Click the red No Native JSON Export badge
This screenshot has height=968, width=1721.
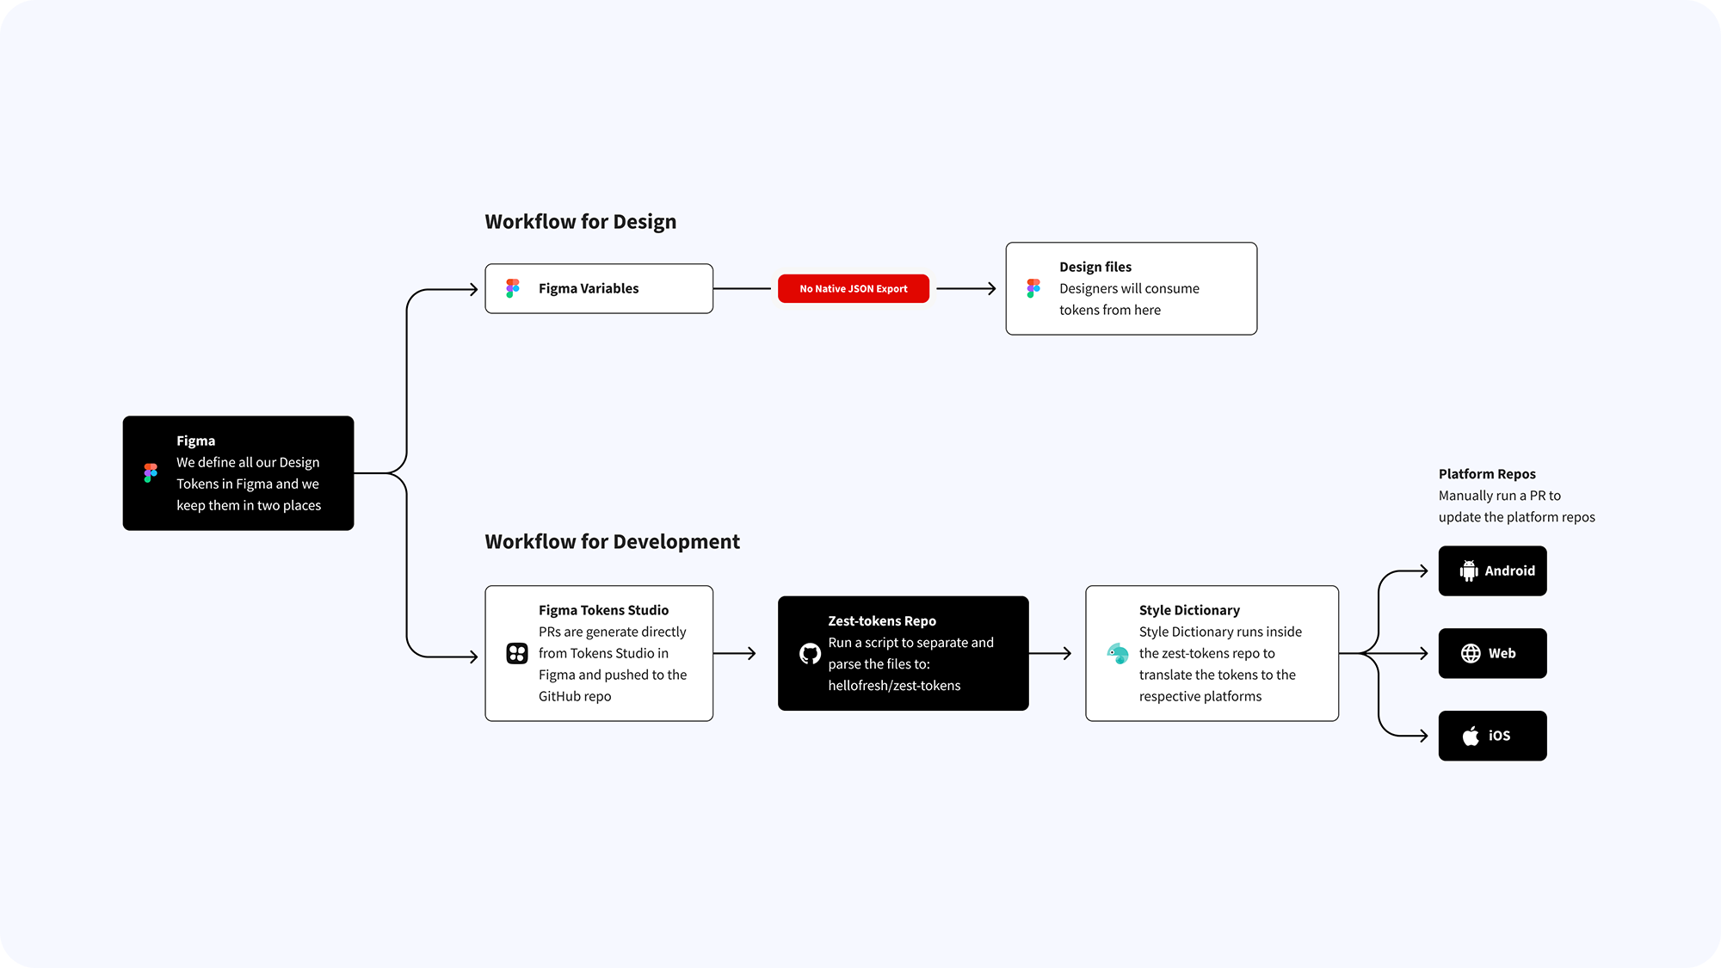point(853,288)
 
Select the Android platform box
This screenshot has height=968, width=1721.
point(1492,570)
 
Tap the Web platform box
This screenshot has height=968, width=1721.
point(1492,653)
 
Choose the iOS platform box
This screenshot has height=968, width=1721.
point(1492,736)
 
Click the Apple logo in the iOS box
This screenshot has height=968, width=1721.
point(1471,736)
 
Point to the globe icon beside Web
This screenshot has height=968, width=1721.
point(1471,653)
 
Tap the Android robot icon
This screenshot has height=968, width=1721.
point(1469,570)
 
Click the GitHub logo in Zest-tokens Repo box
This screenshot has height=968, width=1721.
point(810,654)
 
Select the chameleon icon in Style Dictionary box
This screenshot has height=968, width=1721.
point(1118,653)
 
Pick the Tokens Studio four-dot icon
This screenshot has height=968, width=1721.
point(517,653)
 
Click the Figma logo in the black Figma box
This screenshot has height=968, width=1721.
point(151,472)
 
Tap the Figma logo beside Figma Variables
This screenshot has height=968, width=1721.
point(513,288)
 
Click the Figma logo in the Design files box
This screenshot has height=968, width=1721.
point(1033,288)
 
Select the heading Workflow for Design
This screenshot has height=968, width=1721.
point(581,222)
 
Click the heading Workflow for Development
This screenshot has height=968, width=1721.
point(612,542)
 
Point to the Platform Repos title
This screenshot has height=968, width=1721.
point(1487,474)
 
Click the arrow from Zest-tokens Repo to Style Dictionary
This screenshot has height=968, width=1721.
point(1050,654)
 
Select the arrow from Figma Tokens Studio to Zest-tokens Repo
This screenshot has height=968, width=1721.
point(734,654)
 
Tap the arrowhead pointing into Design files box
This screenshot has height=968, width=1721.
point(991,289)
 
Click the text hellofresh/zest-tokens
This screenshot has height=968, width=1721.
point(894,686)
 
